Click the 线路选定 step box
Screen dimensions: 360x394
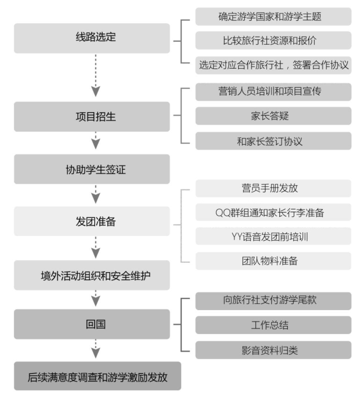click(x=92, y=38)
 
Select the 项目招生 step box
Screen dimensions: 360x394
click(x=92, y=116)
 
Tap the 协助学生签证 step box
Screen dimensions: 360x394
click(x=92, y=169)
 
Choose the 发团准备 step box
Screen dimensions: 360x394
click(x=92, y=221)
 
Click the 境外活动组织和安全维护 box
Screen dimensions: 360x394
click(x=92, y=275)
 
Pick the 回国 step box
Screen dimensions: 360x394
click(x=92, y=324)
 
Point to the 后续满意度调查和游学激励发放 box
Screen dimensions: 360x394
click(x=97, y=376)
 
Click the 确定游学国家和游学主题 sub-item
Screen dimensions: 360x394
click(x=274, y=17)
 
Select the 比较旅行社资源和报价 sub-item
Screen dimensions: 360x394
click(x=274, y=40)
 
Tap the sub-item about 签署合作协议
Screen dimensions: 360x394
click(x=274, y=66)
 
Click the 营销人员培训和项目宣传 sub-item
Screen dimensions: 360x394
click(x=274, y=92)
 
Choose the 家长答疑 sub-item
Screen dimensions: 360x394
click(x=274, y=116)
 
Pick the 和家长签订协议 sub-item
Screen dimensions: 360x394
click(x=274, y=141)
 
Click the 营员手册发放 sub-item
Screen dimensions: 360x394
click(x=274, y=188)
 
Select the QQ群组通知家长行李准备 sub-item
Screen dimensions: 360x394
click(x=274, y=213)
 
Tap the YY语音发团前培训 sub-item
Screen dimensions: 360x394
click(x=274, y=236)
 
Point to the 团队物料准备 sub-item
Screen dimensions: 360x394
click(x=274, y=261)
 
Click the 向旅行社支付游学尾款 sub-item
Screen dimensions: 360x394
click(x=274, y=301)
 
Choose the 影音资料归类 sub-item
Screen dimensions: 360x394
click(x=274, y=350)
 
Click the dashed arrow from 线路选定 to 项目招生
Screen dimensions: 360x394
click(x=96, y=75)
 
